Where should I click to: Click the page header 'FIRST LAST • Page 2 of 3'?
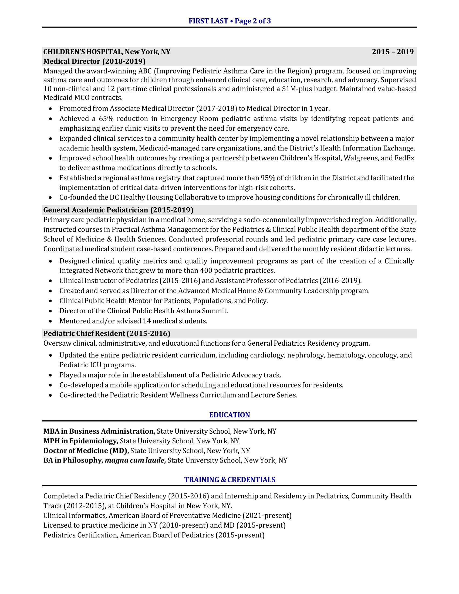coord(230,21)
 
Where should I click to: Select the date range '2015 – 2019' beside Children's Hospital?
coord(393,52)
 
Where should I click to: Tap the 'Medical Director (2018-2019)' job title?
coord(94,61)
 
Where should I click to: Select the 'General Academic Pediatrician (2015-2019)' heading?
coord(118,210)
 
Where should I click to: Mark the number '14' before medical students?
coord(147,321)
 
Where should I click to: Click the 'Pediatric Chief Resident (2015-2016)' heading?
coord(107,333)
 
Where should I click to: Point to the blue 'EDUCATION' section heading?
coord(230,415)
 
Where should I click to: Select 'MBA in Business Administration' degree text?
coord(99,431)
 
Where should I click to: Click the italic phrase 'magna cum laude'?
coord(135,460)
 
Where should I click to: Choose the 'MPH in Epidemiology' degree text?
coord(81,441)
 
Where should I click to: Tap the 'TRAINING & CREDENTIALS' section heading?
coord(230,480)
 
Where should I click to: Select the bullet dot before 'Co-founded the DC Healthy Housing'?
coord(50,197)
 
